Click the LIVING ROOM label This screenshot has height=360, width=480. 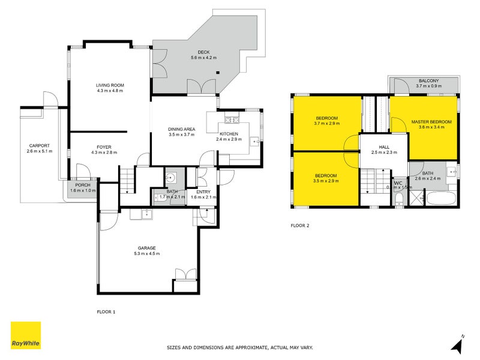[109, 85]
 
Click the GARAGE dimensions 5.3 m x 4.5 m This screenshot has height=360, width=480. [146, 254]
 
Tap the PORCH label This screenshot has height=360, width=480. [83, 185]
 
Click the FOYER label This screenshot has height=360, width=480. [104, 146]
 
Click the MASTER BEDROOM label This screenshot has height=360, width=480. [431, 122]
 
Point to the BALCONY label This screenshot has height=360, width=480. [428, 81]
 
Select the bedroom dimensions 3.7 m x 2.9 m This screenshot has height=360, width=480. [326, 124]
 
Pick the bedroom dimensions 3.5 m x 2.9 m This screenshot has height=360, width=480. [326, 181]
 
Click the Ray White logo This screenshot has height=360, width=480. [26, 336]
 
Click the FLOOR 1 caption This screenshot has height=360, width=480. [106, 311]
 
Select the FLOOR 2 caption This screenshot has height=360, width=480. [299, 226]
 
